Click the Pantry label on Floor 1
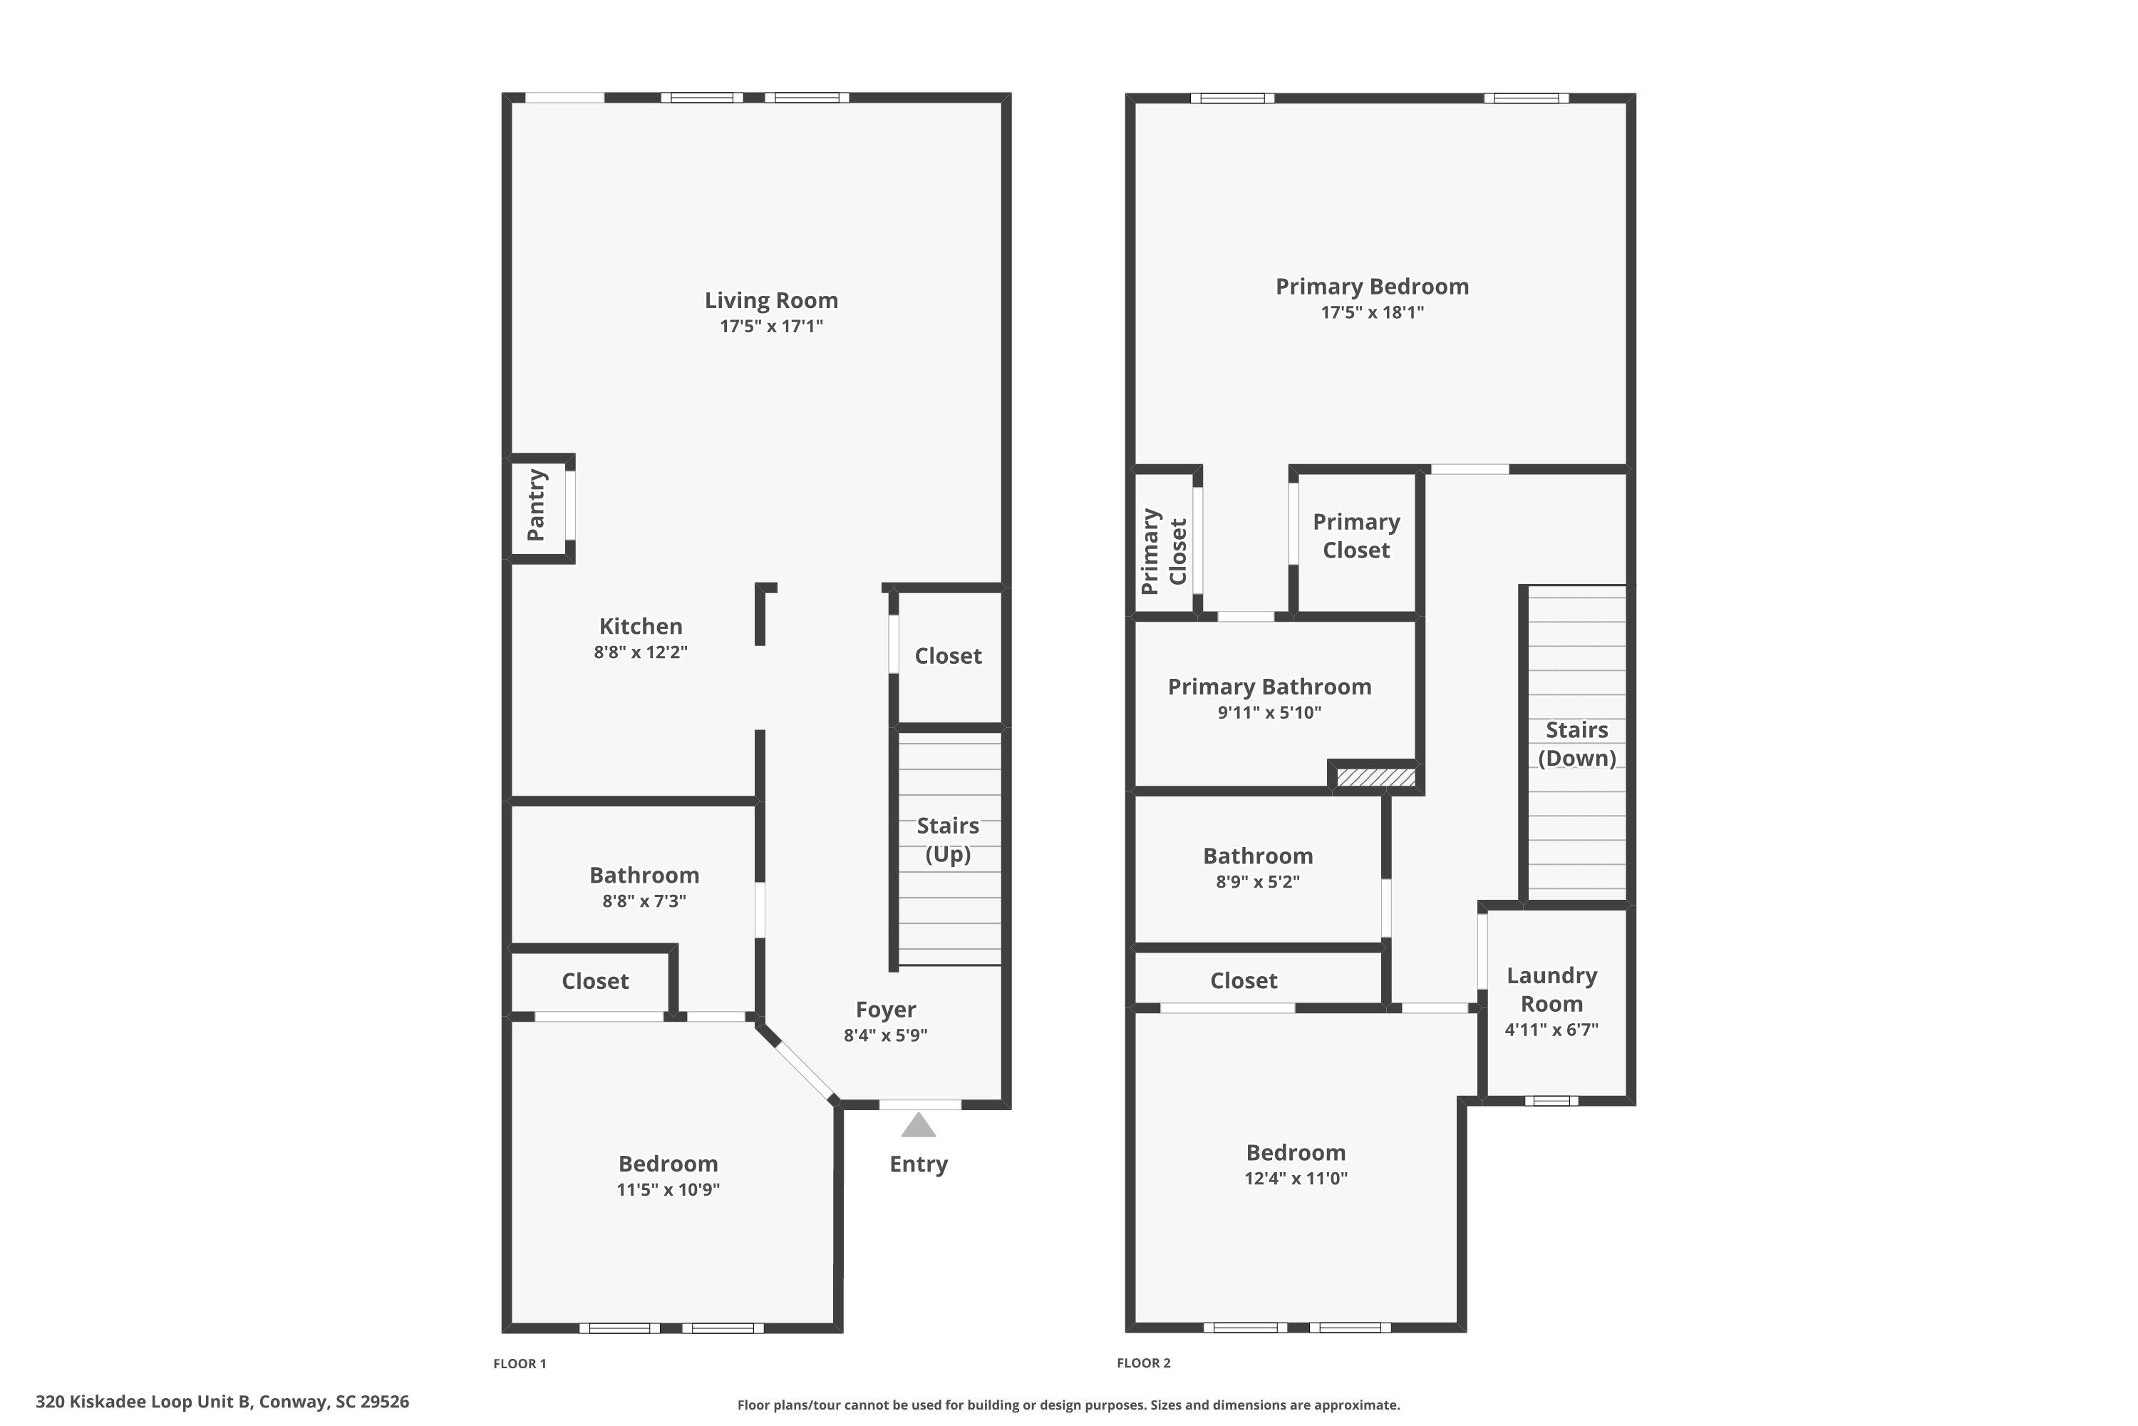tap(537, 506)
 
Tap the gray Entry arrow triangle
tap(918, 1126)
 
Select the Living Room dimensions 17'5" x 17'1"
tap(771, 327)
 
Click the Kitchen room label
tap(640, 627)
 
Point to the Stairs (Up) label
tap(947, 839)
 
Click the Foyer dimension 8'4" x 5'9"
tap(884, 1035)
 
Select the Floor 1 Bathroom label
tap(644, 876)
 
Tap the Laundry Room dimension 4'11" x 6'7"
tap(1551, 1030)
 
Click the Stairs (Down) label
tap(1576, 744)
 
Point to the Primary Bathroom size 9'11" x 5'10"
tap(1269, 713)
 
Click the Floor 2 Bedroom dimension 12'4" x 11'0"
tap(1296, 1179)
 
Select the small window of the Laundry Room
tap(1551, 1100)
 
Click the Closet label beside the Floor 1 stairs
tap(947, 657)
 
